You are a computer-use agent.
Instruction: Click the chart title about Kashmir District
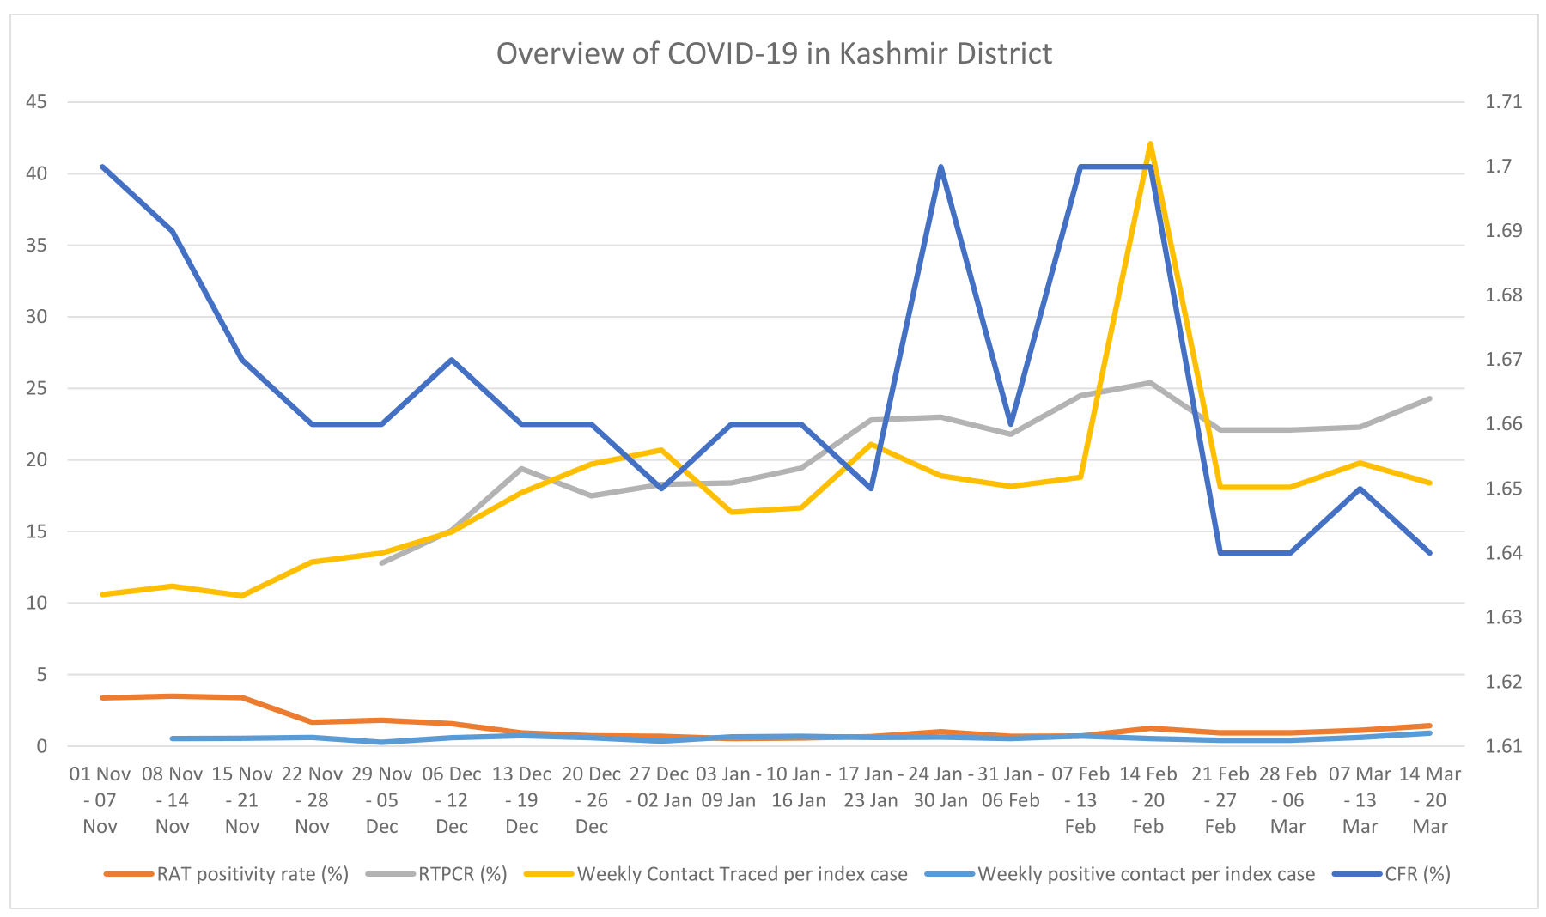tap(774, 53)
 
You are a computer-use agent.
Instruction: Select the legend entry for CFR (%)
tap(1417, 874)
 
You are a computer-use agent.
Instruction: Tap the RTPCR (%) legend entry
tap(462, 874)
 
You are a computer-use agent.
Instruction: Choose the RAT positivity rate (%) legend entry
tap(253, 874)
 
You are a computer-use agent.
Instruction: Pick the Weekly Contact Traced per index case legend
tap(742, 874)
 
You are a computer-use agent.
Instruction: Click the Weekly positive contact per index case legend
tap(1146, 874)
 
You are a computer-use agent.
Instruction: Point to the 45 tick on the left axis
tap(36, 102)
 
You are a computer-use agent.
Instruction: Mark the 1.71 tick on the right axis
tap(1503, 102)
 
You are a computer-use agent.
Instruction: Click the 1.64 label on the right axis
tap(1503, 553)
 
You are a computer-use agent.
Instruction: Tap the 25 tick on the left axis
tap(36, 388)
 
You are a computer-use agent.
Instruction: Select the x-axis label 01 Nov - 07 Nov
tap(100, 799)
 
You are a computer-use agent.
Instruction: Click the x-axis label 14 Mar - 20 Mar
tap(1430, 799)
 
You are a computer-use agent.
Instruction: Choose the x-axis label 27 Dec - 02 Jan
tap(660, 786)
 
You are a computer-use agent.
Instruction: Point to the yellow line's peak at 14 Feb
tap(1150, 144)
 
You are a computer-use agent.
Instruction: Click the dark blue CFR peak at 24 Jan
tap(941, 167)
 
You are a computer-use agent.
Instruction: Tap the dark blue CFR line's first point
tap(102, 167)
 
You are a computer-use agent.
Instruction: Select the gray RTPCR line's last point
tap(1430, 398)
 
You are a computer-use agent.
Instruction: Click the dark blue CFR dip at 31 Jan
tap(1011, 424)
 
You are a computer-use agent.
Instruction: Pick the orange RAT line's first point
tap(102, 698)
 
